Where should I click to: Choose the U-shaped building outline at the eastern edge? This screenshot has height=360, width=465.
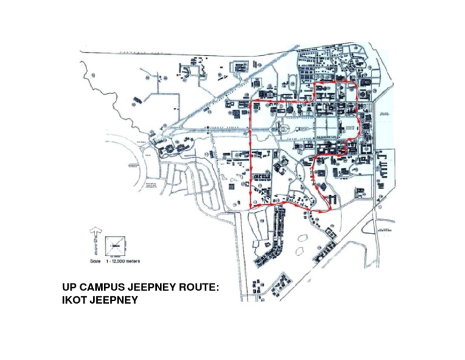[383, 161]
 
